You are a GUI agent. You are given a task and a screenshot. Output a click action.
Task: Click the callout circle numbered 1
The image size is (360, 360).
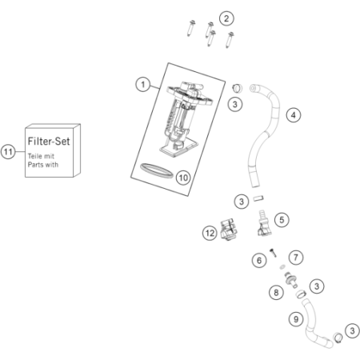pyautogui.click(x=143, y=85)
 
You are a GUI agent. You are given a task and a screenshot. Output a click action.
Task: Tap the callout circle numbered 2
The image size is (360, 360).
pyautogui.click(x=226, y=18)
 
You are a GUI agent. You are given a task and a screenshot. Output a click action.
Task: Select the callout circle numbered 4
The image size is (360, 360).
pyautogui.click(x=294, y=115)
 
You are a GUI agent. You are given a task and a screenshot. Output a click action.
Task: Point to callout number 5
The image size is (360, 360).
pyautogui.click(x=282, y=220)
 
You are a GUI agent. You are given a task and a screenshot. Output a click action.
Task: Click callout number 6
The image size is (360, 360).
pyautogui.click(x=259, y=260)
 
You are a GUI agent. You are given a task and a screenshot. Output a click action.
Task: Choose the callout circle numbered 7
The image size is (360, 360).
pyautogui.click(x=296, y=258)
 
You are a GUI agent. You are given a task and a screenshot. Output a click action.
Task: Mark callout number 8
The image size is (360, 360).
pyautogui.click(x=276, y=293)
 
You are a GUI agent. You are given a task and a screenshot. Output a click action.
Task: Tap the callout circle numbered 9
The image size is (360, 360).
pyautogui.click(x=296, y=319)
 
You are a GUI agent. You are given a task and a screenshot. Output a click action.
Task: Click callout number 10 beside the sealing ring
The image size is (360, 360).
pyautogui.click(x=183, y=178)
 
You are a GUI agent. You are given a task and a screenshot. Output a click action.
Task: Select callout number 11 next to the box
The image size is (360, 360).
pyautogui.click(x=8, y=152)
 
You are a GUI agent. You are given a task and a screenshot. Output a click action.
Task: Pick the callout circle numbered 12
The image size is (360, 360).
pyautogui.click(x=210, y=234)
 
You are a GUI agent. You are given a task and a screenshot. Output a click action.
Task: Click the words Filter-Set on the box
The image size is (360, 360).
pyautogui.click(x=49, y=141)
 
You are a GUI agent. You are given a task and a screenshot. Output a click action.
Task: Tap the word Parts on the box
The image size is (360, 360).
pyautogui.click(x=35, y=165)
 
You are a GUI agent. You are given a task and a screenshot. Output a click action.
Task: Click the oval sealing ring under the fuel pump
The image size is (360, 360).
pyautogui.click(x=156, y=169)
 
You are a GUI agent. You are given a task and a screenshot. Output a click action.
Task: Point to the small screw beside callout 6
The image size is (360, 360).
pyautogui.click(x=273, y=252)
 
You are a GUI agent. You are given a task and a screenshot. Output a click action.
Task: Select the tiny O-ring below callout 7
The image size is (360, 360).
pyautogui.click(x=282, y=266)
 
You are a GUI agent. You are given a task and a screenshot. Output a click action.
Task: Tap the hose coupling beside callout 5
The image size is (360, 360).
pyautogui.click(x=264, y=223)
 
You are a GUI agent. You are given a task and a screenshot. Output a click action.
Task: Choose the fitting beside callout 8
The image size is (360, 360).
pyautogui.click(x=291, y=280)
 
